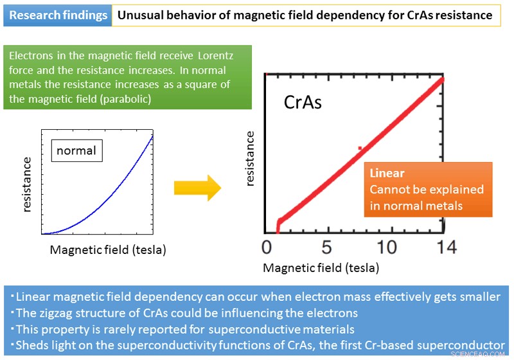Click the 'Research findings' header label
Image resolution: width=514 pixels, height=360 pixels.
click(x=58, y=15)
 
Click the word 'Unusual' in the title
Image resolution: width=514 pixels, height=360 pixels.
click(x=141, y=15)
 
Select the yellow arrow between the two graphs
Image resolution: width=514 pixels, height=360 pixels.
click(x=197, y=188)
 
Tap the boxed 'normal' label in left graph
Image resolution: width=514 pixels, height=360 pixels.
click(x=76, y=151)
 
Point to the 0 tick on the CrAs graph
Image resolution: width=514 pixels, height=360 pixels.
click(x=268, y=248)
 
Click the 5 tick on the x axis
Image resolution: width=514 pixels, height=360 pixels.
click(x=326, y=248)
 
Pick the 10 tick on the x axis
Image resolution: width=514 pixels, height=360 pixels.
click(x=386, y=248)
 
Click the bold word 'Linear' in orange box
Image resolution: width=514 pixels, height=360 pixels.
click(x=387, y=174)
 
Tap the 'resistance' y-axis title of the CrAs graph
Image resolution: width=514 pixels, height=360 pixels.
click(x=251, y=158)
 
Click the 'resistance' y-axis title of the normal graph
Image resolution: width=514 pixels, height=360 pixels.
click(x=28, y=184)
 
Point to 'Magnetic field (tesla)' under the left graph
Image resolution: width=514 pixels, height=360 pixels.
click(x=108, y=250)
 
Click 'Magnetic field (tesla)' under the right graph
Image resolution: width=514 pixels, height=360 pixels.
click(x=321, y=267)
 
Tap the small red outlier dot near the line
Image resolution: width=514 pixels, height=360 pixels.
click(x=360, y=148)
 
